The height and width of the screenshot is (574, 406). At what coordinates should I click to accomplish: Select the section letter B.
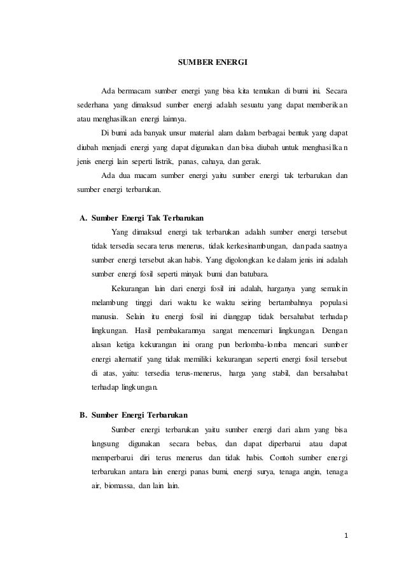tap(82, 416)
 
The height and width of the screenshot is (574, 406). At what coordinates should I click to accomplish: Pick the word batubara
tap(253, 275)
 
